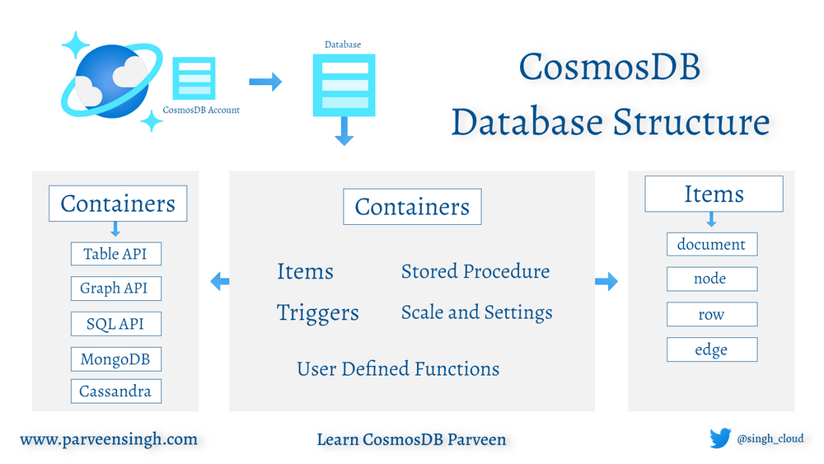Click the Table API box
[115, 254]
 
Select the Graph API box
[115, 288]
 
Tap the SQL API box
[115, 324]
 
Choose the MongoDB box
[115, 359]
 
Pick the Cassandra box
[115, 391]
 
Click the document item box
[711, 245]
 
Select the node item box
[711, 279]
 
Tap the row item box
[711, 315]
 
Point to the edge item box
[711, 350]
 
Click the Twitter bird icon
[721, 438]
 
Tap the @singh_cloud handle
[770, 439]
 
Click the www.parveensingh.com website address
[109, 439]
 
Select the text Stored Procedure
[475, 271]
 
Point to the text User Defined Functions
[398, 368]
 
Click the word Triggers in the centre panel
[318, 313]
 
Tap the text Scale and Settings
[477, 312]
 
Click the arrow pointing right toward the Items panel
[606, 282]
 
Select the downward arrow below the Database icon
[344, 131]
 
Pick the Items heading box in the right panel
[714, 195]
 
